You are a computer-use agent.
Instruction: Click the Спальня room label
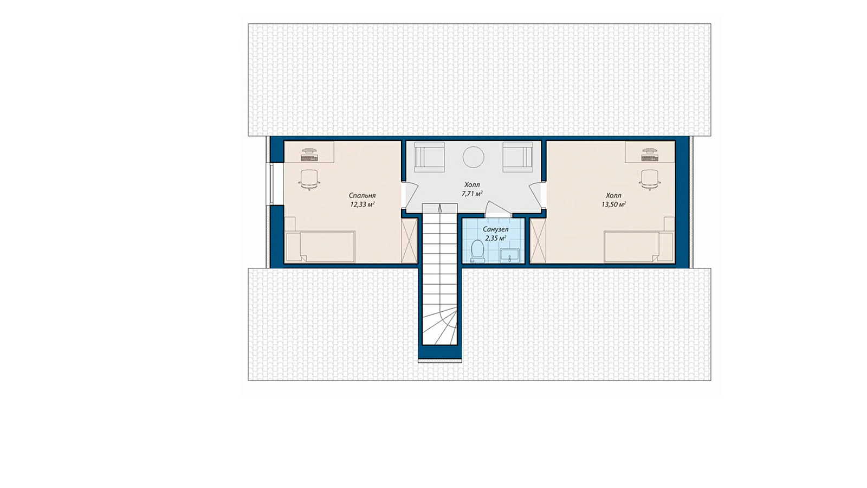click(362, 196)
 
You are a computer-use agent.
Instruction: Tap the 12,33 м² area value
click(363, 204)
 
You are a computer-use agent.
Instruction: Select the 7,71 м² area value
click(472, 194)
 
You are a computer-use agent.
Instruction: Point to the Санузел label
click(495, 229)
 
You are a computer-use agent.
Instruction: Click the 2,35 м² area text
click(495, 238)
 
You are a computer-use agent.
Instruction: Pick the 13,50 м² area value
click(613, 204)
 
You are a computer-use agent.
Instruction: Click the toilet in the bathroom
click(477, 251)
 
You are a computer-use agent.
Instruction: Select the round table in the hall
click(473, 157)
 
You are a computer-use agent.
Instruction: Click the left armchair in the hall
click(429, 157)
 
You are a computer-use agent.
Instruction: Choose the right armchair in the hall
click(518, 157)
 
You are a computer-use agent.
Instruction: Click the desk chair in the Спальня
click(309, 179)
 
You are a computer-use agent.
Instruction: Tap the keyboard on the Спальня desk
click(309, 158)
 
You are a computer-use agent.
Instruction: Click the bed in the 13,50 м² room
click(639, 247)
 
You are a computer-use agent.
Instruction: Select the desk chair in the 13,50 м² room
click(650, 179)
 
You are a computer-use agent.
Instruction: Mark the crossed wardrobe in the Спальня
click(409, 241)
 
